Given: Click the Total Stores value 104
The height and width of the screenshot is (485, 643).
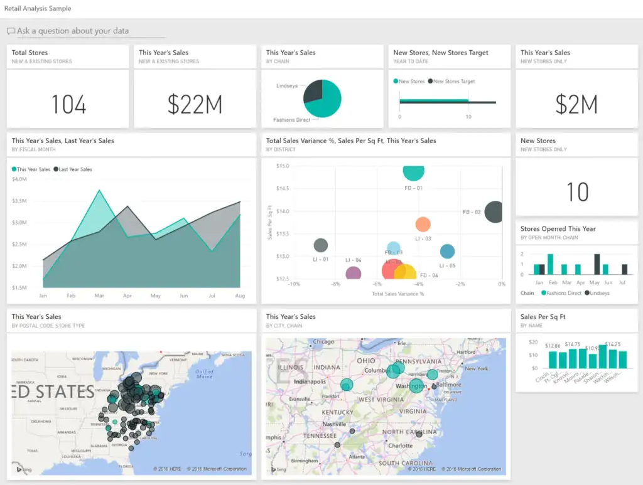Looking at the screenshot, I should click(68, 105).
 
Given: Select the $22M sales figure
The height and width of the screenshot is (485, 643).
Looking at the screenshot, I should click(195, 105).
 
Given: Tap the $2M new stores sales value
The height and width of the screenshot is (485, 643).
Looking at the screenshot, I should click(576, 105).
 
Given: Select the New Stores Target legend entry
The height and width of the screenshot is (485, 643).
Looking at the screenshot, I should click(454, 82).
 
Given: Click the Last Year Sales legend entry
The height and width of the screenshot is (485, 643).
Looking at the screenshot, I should click(75, 169).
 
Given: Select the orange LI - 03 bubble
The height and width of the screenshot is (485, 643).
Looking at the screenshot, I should click(423, 224).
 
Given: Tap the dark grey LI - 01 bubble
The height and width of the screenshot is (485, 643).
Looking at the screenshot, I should click(321, 245).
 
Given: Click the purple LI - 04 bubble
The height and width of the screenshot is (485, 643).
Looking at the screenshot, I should click(354, 273).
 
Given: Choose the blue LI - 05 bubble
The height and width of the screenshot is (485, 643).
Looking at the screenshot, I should click(447, 252).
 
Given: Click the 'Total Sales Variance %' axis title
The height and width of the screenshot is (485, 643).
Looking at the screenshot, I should click(397, 294).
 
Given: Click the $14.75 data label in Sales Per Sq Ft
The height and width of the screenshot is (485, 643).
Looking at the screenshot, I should click(572, 344).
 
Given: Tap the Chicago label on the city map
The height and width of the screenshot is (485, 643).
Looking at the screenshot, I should click(324, 342).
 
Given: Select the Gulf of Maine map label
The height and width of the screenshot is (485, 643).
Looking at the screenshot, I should click(204, 374).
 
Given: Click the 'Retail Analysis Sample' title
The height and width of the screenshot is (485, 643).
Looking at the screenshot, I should click(38, 9).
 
